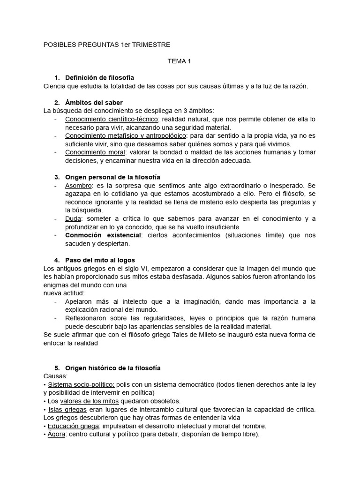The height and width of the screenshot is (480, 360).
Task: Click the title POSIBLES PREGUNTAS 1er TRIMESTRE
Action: click(x=106, y=45)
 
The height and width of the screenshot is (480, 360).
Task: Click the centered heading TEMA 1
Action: click(x=180, y=61)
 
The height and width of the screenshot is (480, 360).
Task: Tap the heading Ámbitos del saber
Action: click(x=94, y=102)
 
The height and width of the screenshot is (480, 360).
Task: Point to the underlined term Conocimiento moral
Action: click(x=95, y=152)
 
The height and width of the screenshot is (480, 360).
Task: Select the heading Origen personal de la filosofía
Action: click(x=112, y=177)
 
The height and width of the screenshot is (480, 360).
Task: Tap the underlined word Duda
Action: click(x=73, y=219)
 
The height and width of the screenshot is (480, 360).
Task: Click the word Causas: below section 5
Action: click(x=55, y=376)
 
